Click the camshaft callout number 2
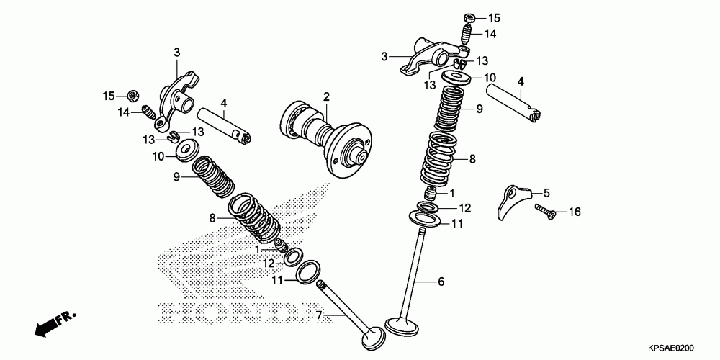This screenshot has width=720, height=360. click(325, 96)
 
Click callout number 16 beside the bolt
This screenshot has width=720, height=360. click(574, 212)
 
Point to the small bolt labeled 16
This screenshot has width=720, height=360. click(546, 210)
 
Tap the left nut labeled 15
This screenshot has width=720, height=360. click(132, 94)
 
